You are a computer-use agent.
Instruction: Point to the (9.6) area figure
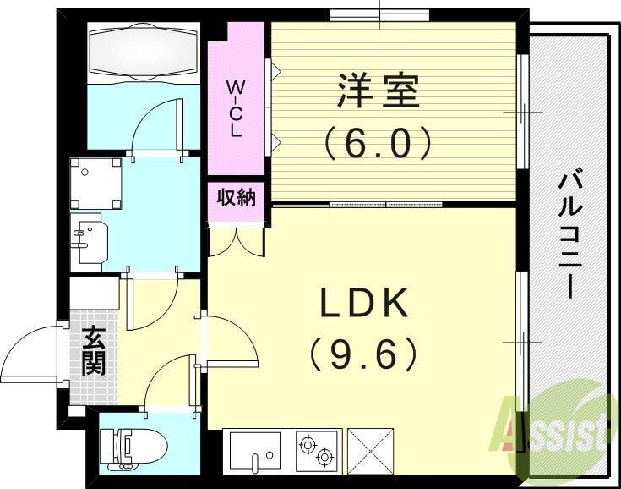point(363,354)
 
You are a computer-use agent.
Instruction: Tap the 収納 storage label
point(236,199)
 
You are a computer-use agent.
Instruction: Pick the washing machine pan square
point(97,184)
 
